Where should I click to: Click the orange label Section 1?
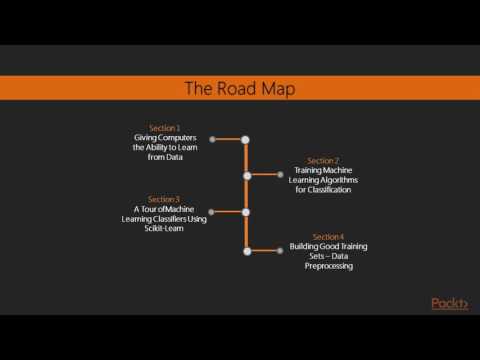click(165, 128)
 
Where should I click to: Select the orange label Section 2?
click(323, 161)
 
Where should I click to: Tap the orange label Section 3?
click(164, 199)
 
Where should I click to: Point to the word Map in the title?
click(280, 88)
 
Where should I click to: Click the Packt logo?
click(449, 304)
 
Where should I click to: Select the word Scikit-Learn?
click(164, 228)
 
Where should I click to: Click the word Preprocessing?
click(324, 266)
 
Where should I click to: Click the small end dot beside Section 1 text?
click(213, 139)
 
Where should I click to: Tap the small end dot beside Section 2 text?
click(281, 175)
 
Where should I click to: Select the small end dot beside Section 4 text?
click(281, 250)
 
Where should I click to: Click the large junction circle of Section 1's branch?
click(246, 139)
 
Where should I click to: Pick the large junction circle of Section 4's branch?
click(246, 250)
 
